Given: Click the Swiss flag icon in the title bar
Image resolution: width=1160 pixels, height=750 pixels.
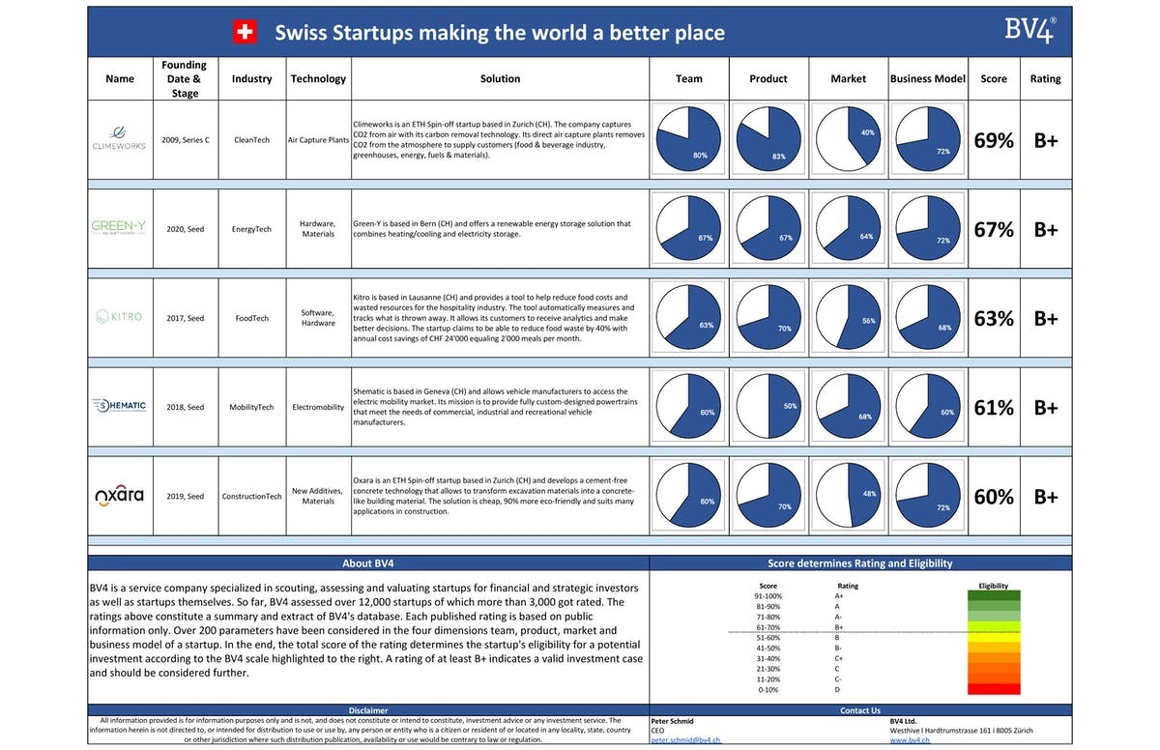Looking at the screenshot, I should click(246, 32).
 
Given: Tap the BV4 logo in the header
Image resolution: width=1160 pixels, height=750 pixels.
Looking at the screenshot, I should click(1029, 30).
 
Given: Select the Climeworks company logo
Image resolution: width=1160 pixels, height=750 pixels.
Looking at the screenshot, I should click(120, 139).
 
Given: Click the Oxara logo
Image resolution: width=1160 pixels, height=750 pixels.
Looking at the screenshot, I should click(120, 496).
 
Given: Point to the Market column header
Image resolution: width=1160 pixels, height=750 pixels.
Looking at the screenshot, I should click(848, 79).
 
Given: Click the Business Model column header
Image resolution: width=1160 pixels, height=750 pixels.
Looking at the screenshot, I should click(928, 79).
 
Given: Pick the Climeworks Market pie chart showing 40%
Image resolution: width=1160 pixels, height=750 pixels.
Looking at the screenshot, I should click(848, 140).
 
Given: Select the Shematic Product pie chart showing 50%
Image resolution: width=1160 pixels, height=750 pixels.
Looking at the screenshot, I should click(768, 407).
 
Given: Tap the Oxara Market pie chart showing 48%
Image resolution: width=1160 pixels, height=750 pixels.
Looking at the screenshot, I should click(848, 496).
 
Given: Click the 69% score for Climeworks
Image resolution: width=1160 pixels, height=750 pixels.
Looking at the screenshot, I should click(994, 140).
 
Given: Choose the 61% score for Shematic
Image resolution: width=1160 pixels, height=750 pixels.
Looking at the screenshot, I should click(994, 407).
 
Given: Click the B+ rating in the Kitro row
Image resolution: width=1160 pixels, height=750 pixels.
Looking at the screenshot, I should click(1046, 318).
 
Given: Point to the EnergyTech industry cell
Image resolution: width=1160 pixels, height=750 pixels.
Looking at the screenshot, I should click(251, 229).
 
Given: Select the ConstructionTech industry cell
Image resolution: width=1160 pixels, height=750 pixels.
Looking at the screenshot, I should click(251, 496).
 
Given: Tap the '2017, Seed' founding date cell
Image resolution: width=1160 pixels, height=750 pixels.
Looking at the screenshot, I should click(184, 318).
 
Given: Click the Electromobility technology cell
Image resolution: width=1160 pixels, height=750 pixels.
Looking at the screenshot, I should click(318, 407).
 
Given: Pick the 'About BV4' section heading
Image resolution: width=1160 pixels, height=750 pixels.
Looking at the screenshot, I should click(368, 562).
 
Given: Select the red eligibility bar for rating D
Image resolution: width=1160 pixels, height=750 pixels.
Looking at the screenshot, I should click(994, 689).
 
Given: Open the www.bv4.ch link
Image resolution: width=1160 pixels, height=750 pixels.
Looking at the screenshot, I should click(910, 740).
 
